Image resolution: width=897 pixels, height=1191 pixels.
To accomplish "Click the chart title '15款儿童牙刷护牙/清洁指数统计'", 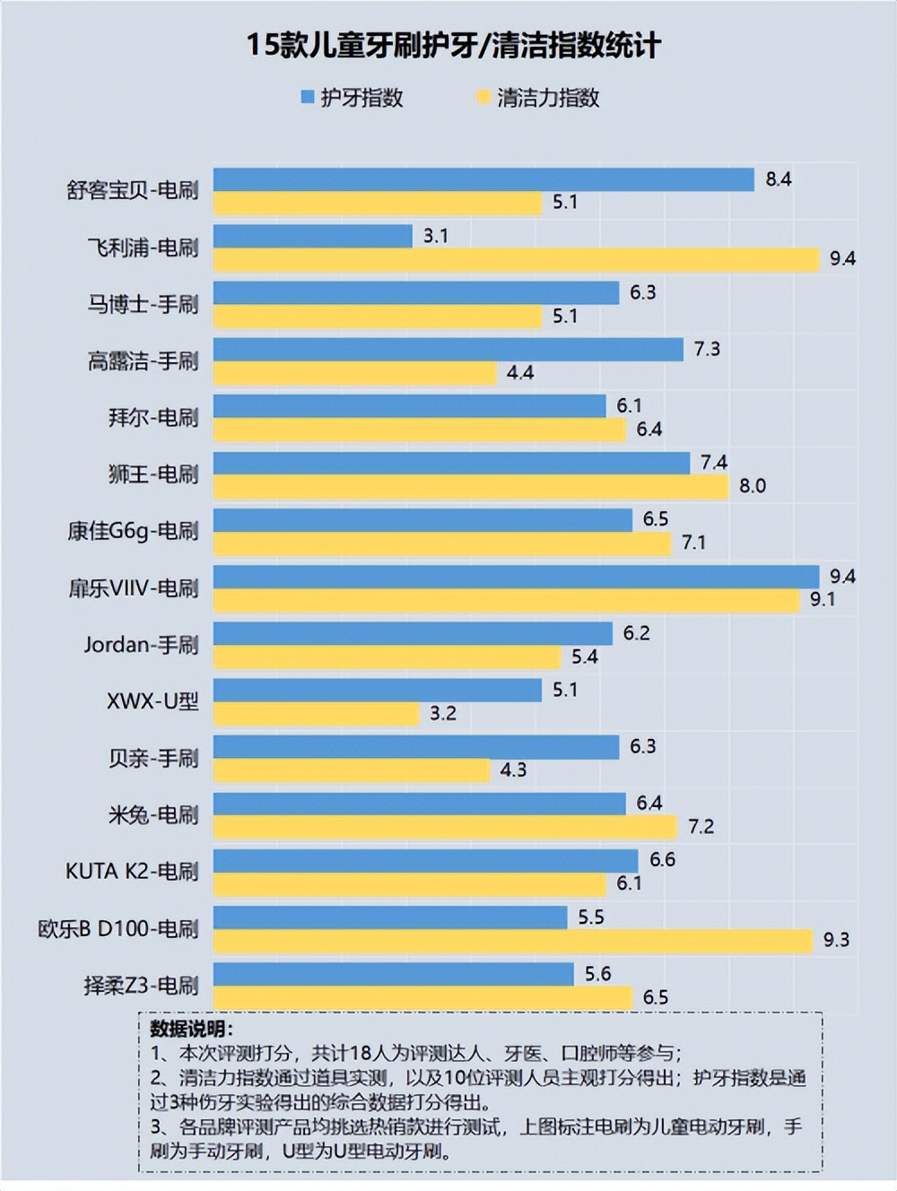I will point(454,47).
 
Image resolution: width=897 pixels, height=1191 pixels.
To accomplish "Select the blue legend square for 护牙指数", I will point(308,97).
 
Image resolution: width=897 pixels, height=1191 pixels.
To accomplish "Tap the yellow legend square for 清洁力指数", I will point(483,97).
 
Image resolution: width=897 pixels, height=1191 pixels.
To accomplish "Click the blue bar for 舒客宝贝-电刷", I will point(483,179).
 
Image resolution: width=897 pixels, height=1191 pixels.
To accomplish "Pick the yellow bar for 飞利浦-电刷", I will point(516,259).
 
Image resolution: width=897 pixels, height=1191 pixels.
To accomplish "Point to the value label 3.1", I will point(436,236).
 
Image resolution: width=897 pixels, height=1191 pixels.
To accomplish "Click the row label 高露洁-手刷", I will point(143,361).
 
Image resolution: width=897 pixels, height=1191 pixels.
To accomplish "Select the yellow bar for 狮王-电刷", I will point(470,486).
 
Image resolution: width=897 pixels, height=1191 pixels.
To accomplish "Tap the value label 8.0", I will point(752,486).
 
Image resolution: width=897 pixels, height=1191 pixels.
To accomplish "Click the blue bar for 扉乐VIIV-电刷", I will point(516,577).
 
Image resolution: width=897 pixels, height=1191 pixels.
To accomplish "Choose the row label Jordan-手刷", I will point(141,644).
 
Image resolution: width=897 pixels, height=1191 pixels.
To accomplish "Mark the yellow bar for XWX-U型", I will point(316,713).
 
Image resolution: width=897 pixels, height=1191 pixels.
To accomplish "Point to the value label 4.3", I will point(513,769).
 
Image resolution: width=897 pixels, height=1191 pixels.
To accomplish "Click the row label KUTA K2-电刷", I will point(132,871).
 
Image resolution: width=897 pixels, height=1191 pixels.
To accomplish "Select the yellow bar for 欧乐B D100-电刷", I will point(512,940).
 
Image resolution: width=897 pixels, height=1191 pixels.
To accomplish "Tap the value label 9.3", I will point(836,940).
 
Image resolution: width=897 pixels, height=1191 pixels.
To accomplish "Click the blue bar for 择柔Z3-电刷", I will point(393,974).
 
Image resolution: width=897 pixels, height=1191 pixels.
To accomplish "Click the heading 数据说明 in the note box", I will point(191,1029).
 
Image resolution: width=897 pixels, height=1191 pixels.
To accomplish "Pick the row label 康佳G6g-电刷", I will point(133,531).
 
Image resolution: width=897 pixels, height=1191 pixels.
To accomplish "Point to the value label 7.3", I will point(707,349).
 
